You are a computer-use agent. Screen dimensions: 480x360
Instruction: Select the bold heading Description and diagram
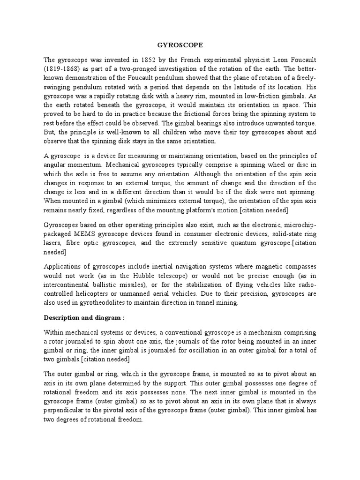tap(84, 317)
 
